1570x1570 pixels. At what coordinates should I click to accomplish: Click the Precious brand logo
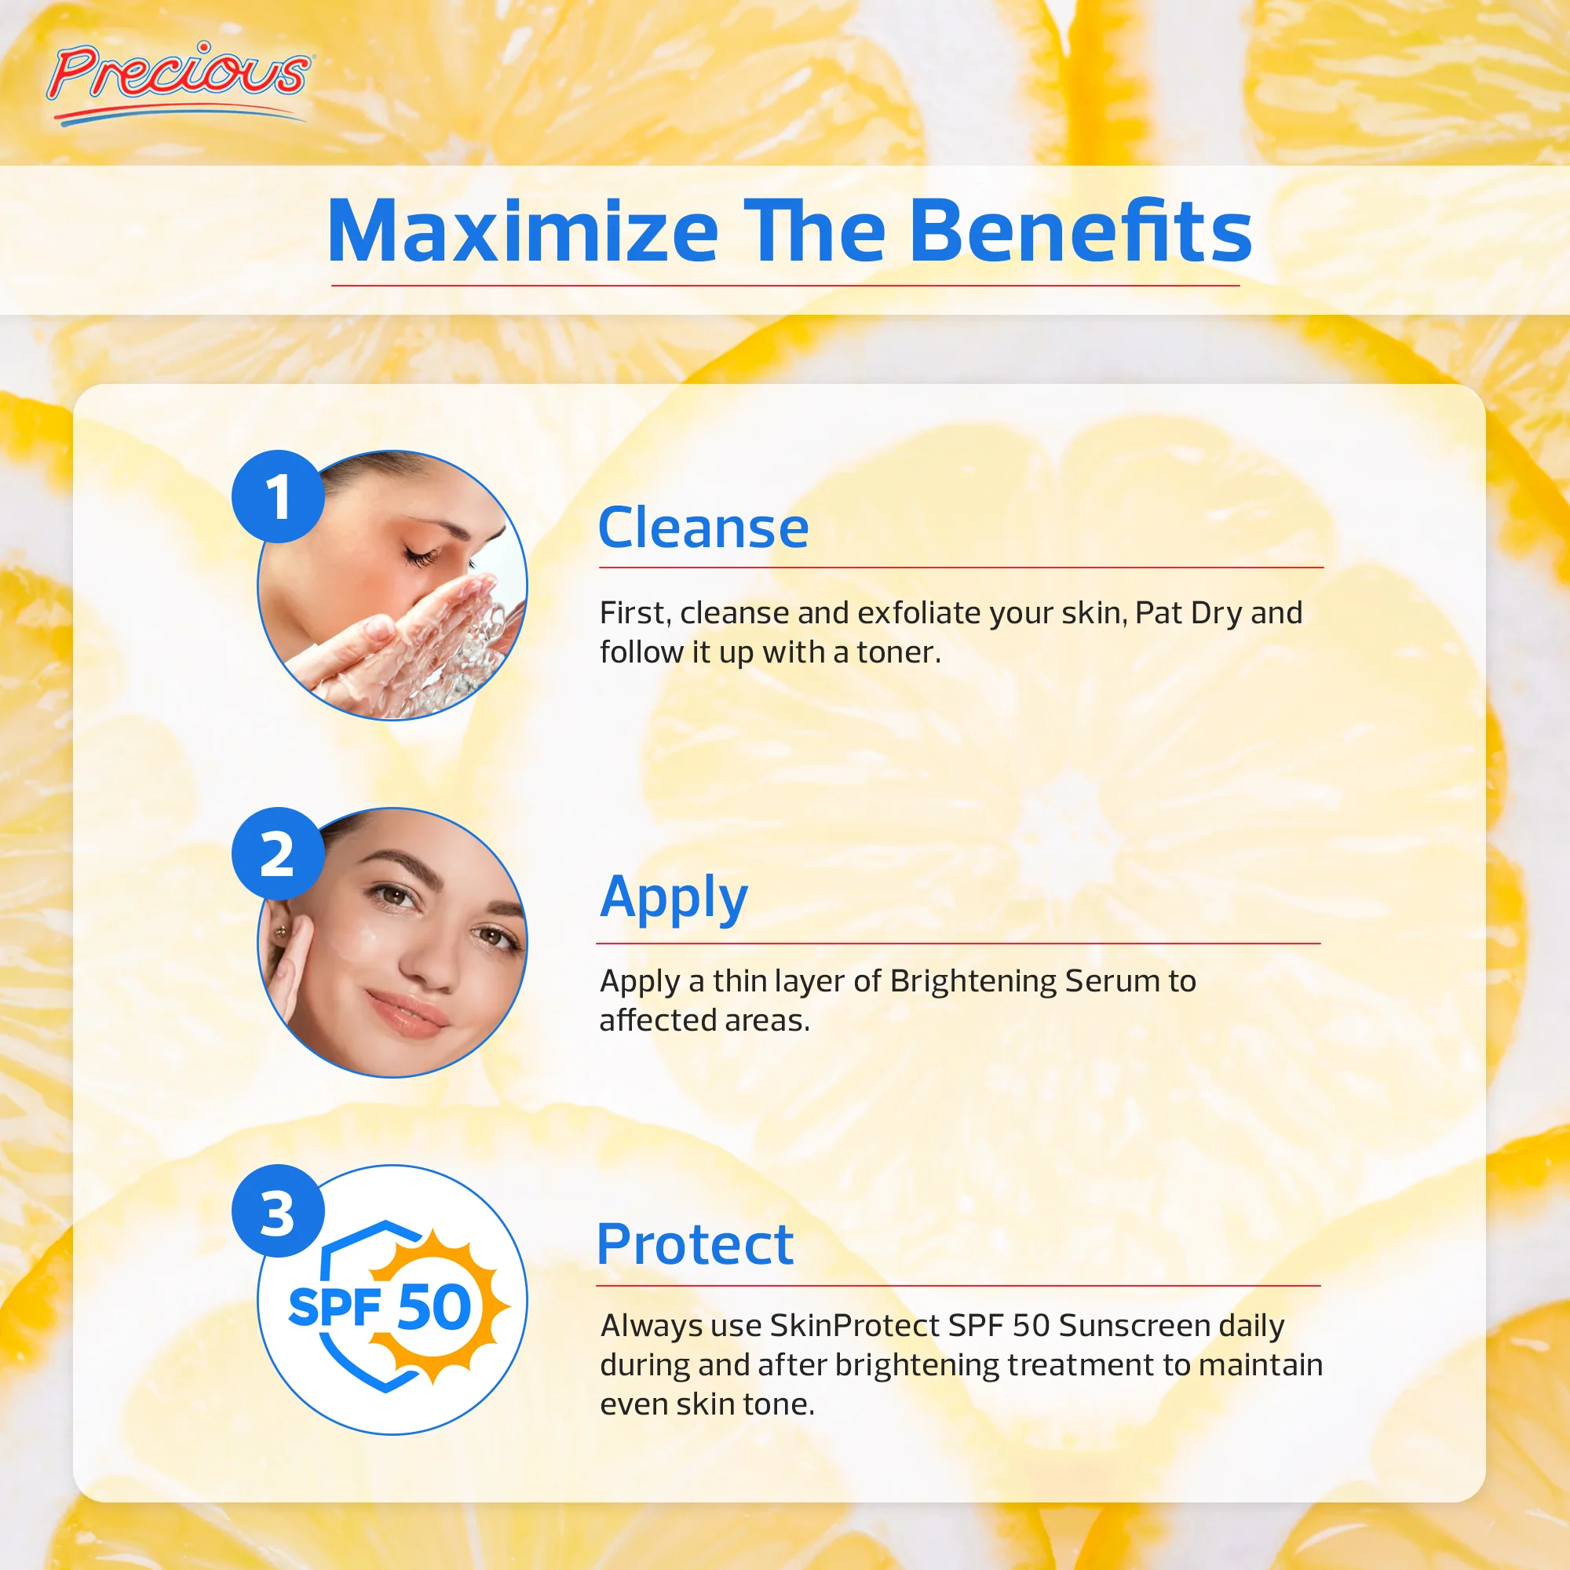[179, 79]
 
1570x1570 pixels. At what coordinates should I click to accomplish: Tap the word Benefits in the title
[1080, 232]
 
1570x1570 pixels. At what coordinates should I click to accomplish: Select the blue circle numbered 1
[278, 497]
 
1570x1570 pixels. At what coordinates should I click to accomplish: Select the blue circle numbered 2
[278, 854]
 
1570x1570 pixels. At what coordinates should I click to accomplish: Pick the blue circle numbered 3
[278, 1211]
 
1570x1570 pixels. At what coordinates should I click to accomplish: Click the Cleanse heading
[703, 528]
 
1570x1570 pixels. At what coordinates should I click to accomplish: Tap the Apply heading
[673, 898]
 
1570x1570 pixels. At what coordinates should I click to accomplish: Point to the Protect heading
[695, 1245]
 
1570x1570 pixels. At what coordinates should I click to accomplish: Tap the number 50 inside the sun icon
[435, 1308]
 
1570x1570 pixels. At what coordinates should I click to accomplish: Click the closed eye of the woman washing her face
[421, 557]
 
